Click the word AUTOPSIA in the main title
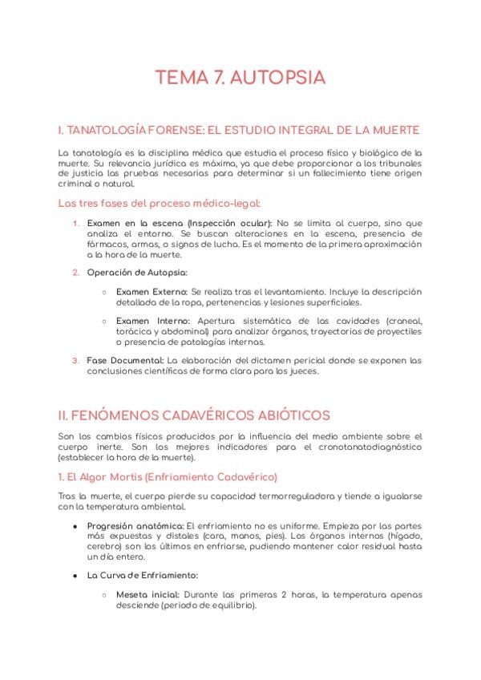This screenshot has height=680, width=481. tap(280, 78)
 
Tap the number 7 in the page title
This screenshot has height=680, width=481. tap(217, 78)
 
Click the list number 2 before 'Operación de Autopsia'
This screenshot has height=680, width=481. tap(75, 272)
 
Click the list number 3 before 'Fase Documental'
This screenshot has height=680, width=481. tap(75, 360)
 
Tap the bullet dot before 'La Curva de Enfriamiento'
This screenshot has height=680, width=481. tap(75, 575)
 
